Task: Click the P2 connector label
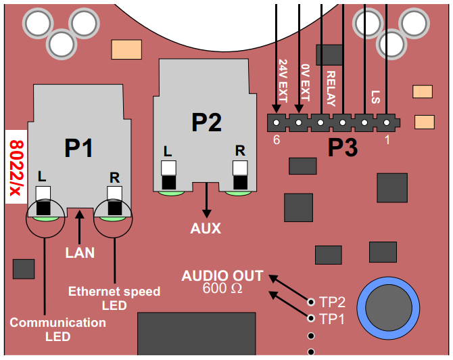click(x=206, y=122)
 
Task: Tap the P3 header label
click(x=342, y=148)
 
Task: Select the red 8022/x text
click(x=16, y=166)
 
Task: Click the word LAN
click(x=80, y=253)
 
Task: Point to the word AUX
click(x=206, y=229)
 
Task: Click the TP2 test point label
click(x=332, y=302)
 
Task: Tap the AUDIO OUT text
click(x=222, y=276)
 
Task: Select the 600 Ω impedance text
click(x=222, y=289)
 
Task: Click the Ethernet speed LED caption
click(x=114, y=298)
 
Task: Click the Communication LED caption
click(x=57, y=330)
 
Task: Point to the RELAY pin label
click(x=331, y=89)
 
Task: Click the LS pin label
click(x=376, y=97)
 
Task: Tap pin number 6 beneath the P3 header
click(x=276, y=140)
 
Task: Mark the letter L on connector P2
click(x=167, y=150)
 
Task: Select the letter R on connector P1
click(x=114, y=177)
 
